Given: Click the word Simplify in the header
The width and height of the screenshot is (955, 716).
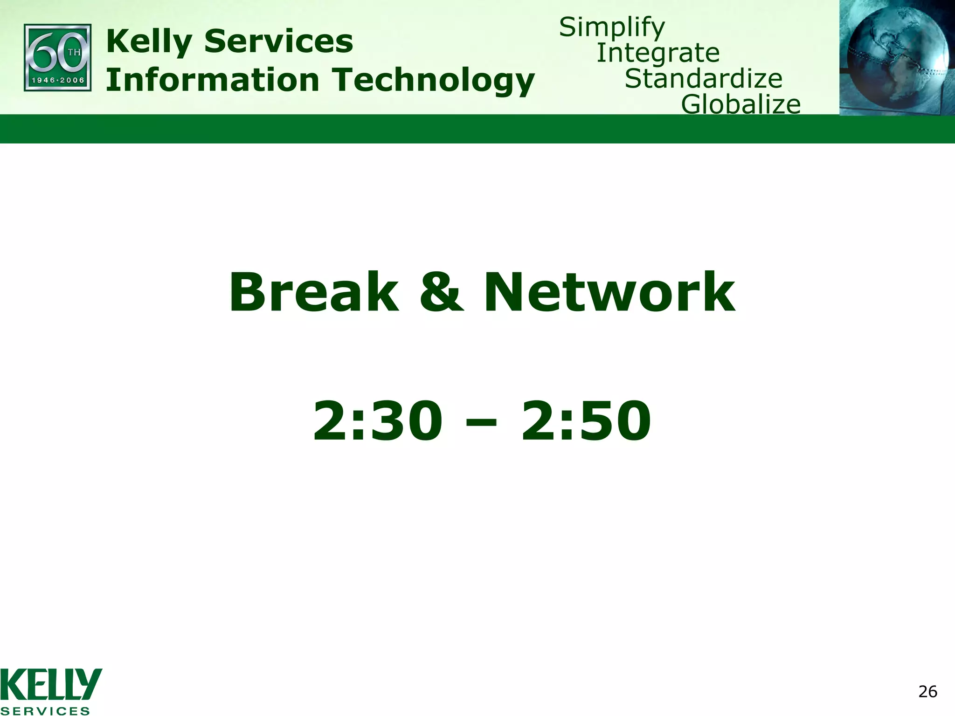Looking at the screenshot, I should point(612,28).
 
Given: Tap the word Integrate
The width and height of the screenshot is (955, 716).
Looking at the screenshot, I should point(658,53).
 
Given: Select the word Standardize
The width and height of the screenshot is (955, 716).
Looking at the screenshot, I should point(703,79).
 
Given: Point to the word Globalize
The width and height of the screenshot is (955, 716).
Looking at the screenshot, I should point(740,104).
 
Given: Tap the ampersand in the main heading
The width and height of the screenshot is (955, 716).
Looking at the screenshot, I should point(441,293).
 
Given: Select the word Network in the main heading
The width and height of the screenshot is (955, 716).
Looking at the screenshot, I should point(609,293).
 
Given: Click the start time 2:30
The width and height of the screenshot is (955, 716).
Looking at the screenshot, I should point(377,420).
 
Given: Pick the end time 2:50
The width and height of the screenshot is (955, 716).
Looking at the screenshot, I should point(586,420).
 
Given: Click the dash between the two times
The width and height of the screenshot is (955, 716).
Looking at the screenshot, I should point(481,423).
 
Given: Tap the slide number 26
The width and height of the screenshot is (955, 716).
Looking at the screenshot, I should point(927,692).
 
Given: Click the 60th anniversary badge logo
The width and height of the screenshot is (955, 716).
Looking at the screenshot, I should point(57,57).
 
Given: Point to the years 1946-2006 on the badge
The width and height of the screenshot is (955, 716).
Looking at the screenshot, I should point(58,80).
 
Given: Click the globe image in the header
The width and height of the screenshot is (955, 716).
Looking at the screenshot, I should point(896,57).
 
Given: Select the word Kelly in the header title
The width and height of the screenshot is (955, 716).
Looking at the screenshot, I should point(149,41).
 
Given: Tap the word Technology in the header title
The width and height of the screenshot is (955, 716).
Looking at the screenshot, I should point(433,81).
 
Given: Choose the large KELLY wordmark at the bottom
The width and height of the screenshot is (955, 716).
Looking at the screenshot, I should point(51,684).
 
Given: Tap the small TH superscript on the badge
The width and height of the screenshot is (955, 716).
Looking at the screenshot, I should point(74,52).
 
